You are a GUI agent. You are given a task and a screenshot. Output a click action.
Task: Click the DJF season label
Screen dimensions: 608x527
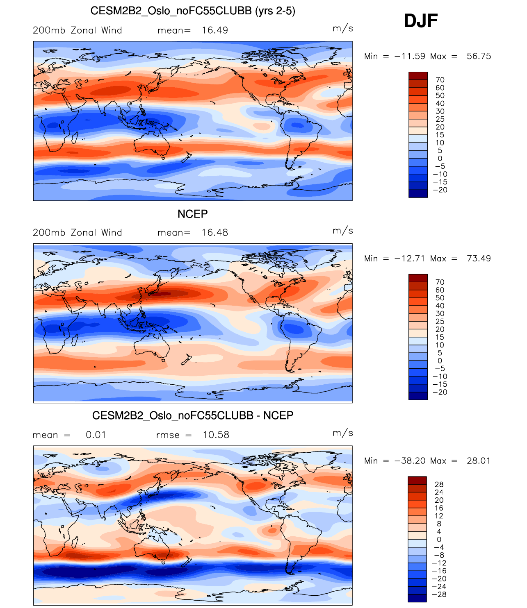(x=421, y=20)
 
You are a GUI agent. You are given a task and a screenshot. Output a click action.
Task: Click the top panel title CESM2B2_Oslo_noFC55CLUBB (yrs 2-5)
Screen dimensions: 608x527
(x=193, y=11)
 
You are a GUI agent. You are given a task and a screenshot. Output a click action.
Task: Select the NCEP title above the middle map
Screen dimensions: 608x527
(x=192, y=214)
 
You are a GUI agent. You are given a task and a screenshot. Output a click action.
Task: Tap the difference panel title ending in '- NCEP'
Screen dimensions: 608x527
(x=193, y=415)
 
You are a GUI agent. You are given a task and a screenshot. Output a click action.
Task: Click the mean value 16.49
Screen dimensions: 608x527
(x=215, y=30)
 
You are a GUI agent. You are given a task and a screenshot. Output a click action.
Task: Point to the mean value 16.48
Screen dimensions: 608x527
(x=215, y=233)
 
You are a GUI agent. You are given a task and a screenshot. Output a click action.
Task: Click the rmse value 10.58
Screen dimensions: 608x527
(x=216, y=435)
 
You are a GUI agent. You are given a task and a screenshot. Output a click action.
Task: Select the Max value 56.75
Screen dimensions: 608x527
(x=479, y=56)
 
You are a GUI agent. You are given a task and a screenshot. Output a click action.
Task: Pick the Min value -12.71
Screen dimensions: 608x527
(x=410, y=259)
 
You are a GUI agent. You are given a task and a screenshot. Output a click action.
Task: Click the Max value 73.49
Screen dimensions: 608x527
(x=479, y=259)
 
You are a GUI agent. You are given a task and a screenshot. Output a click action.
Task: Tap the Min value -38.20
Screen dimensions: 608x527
(x=410, y=461)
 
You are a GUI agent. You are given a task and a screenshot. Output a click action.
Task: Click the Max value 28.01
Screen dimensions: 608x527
(x=479, y=461)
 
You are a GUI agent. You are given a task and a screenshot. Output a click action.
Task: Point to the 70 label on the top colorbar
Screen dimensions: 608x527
(x=440, y=80)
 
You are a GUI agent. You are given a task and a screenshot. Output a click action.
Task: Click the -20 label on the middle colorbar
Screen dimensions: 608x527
(x=440, y=392)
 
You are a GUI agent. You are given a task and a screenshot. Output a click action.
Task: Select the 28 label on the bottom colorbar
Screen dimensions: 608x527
(x=439, y=485)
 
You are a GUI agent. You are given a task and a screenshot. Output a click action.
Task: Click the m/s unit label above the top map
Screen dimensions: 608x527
(x=343, y=28)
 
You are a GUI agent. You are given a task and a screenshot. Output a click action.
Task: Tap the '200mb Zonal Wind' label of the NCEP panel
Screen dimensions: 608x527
(x=78, y=233)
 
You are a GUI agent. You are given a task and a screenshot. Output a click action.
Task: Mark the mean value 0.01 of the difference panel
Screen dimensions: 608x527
(x=96, y=435)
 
